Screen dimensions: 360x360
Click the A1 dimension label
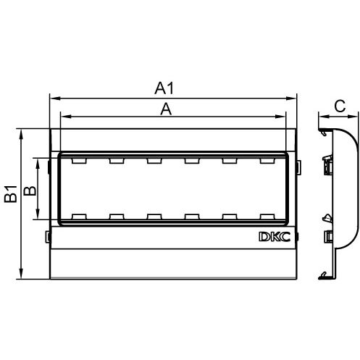164,88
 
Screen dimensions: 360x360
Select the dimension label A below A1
166,109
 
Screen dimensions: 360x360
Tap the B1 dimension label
11,194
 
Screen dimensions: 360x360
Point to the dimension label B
30,191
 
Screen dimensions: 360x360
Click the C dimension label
340,106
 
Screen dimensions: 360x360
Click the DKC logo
275,237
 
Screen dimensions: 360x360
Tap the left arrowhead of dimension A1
54,99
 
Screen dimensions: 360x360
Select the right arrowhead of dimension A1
291,99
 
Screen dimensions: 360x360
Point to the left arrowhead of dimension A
66,117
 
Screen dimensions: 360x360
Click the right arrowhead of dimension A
280,117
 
